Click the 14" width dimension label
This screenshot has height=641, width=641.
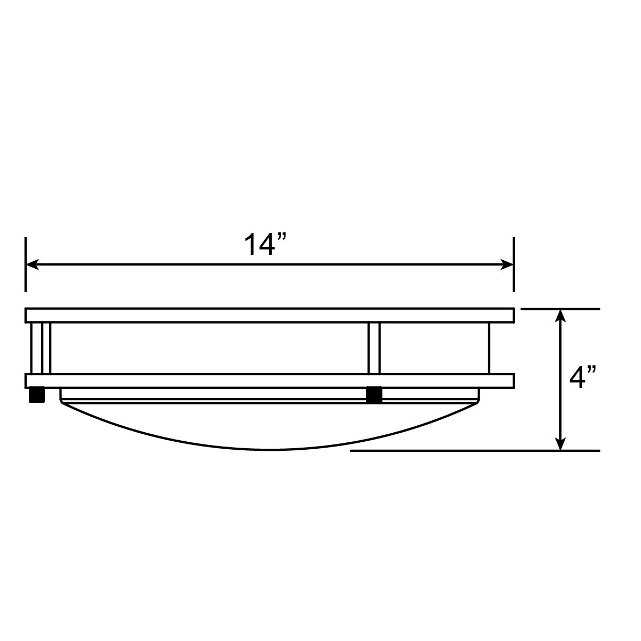point(265,245)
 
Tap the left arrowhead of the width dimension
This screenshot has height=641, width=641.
point(32,264)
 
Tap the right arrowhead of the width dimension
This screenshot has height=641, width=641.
point(507,264)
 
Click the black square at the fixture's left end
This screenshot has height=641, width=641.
point(37,395)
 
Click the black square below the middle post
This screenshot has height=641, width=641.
point(374,395)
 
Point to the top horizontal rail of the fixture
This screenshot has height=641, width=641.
point(270,315)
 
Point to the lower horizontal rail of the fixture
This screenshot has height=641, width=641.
point(270,381)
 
